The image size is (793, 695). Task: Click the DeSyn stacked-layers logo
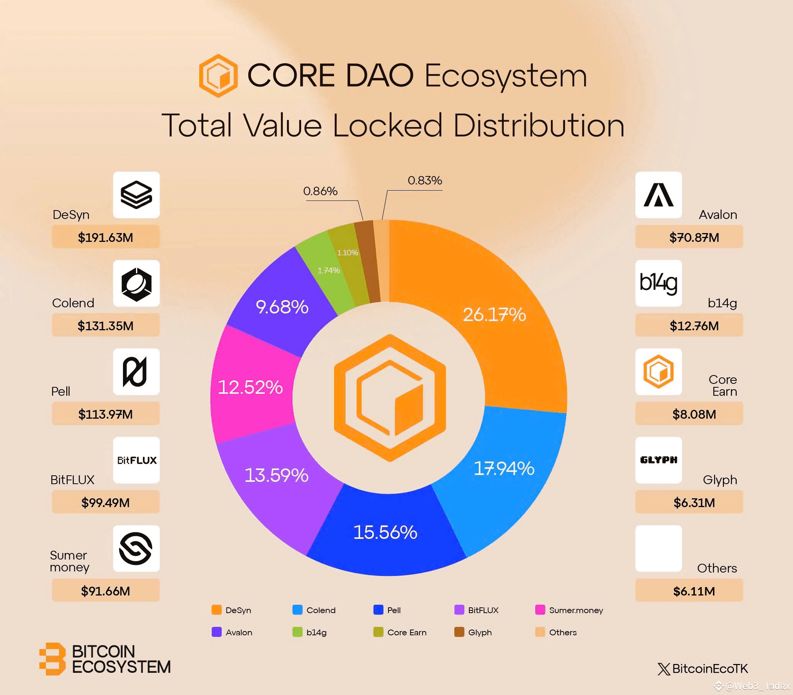coord(136,194)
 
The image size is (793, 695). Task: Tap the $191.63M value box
coord(105,237)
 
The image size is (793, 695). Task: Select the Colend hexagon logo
coord(136,283)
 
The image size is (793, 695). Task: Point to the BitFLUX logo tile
coord(136,460)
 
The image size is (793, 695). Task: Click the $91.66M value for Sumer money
coord(105,591)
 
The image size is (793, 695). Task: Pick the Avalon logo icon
coord(659,194)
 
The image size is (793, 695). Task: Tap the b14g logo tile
coord(659,283)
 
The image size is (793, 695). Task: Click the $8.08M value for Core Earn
coord(694,414)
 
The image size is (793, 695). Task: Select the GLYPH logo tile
coord(659,460)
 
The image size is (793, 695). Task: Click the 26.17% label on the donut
coord(494,314)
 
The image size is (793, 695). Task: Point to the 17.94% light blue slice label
coord(504,468)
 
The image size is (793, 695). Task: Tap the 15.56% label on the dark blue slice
coord(385,532)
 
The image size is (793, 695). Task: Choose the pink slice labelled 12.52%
coord(250,387)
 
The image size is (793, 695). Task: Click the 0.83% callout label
coord(425,180)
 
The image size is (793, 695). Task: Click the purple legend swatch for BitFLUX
coord(459,610)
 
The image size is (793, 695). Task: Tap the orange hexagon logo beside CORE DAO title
coord(218,76)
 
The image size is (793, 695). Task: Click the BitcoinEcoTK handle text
coord(709,669)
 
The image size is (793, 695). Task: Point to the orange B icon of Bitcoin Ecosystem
coord(52,659)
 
